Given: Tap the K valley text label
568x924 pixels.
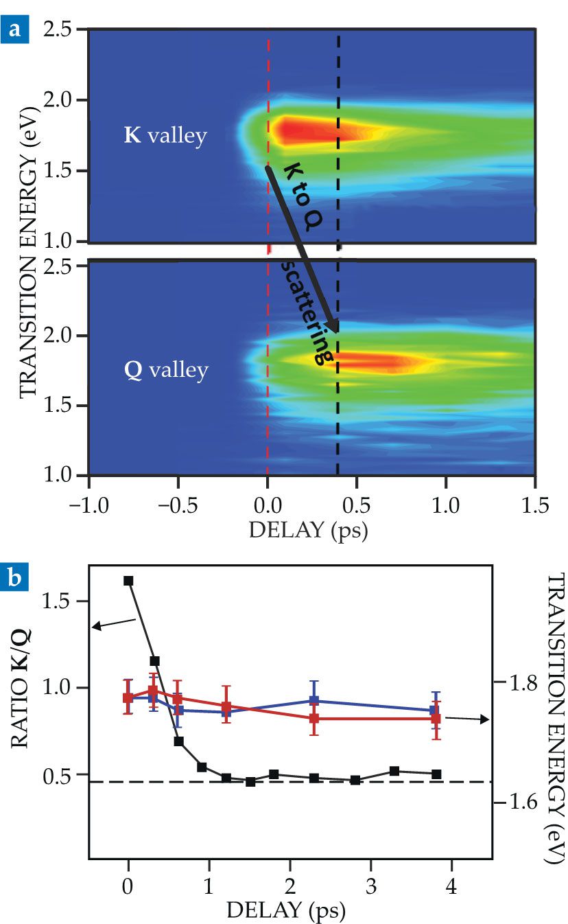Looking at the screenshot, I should (165, 135).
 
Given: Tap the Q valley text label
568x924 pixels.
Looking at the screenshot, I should (165, 370).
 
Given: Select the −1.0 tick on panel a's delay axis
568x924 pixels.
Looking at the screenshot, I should (88, 497).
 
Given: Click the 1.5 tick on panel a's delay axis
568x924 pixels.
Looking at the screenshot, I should (536, 497).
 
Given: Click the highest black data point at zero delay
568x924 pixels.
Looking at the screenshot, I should (128, 581).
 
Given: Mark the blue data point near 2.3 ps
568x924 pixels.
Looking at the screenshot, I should (314, 701).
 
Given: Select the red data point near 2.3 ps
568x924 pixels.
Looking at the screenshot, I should (314, 719).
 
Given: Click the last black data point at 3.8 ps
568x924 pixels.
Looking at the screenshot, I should (436, 774).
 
